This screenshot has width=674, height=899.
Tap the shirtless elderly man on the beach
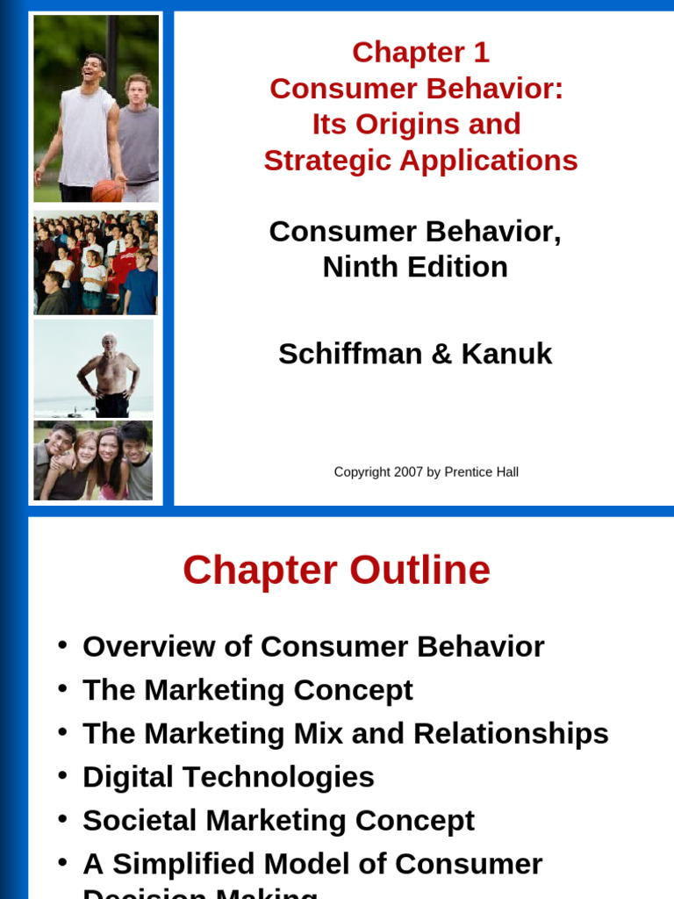point(108,373)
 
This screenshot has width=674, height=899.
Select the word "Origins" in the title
point(415,124)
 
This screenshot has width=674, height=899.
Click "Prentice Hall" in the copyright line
point(481,472)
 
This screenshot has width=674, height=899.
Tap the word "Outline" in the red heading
point(419,571)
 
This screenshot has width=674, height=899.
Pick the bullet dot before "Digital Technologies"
point(62,775)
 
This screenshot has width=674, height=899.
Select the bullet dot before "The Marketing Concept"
point(62,688)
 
